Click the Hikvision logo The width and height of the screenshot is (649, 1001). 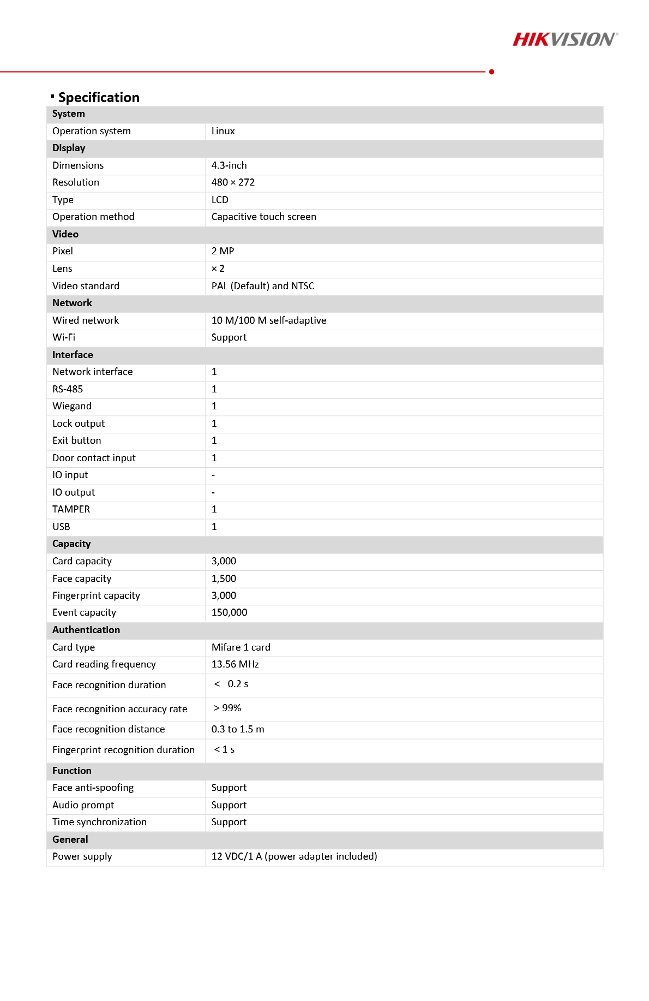point(565,39)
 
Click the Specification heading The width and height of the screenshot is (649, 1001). point(99,97)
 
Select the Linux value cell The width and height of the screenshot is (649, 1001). point(223,131)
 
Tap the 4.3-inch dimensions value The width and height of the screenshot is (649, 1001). point(229,165)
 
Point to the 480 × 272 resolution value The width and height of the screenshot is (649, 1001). point(233,182)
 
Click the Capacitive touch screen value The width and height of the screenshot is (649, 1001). point(263,217)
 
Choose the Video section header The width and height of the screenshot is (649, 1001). point(65,234)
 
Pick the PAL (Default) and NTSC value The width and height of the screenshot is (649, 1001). point(263,286)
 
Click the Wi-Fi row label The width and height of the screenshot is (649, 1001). point(64,337)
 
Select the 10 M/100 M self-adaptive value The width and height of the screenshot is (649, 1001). point(269,320)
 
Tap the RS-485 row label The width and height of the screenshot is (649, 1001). point(68,389)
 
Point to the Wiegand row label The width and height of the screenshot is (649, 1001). point(72,406)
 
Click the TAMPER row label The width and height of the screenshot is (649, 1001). point(71,509)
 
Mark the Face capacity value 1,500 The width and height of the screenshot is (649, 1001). point(224,579)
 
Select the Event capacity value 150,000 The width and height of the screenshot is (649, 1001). point(229,612)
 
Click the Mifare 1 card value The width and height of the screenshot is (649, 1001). point(241,647)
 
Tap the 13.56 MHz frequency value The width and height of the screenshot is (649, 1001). point(235,664)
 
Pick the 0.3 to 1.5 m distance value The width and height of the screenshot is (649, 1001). point(238,729)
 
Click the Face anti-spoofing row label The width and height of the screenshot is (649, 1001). point(93,788)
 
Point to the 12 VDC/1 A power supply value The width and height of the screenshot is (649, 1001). point(294,856)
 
